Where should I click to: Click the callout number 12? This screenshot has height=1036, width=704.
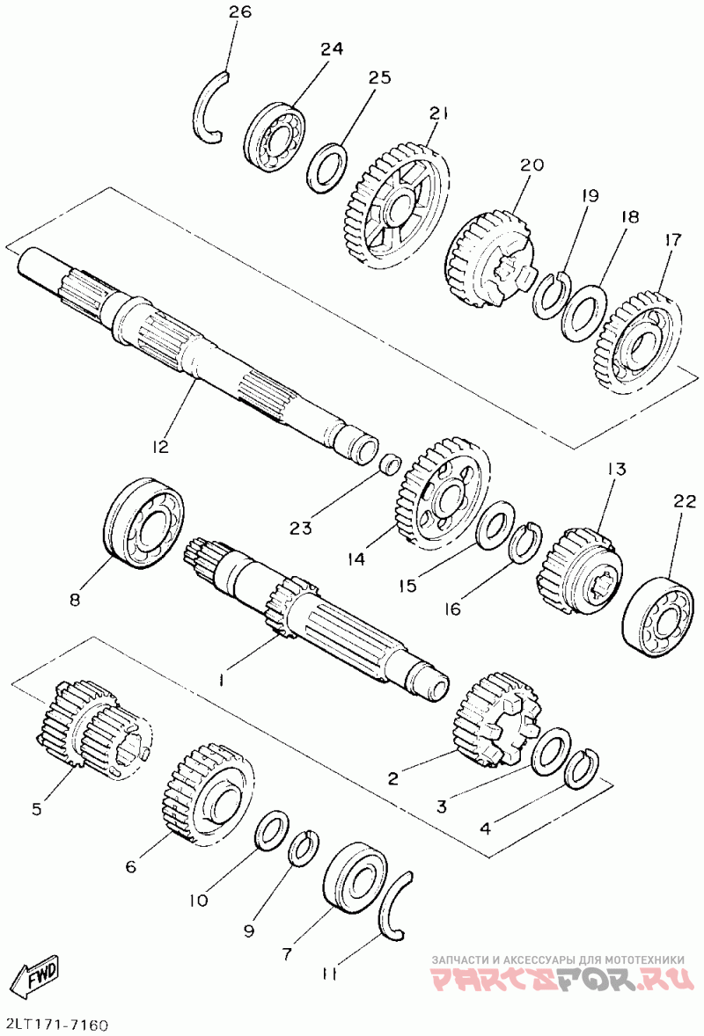click(159, 447)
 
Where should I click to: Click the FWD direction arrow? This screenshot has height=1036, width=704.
click(39, 974)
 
